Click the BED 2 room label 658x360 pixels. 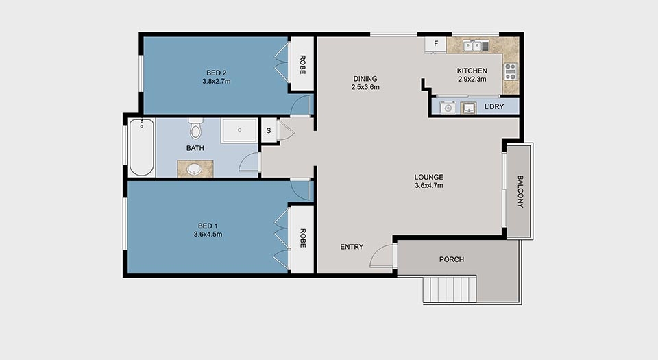pyautogui.click(x=216, y=73)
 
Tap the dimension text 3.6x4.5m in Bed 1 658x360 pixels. pyautogui.click(x=208, y=235)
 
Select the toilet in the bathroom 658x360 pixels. pyautogui.click(x=195, y=128)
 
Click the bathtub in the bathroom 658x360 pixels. pyautogui.click(x=141, y=147)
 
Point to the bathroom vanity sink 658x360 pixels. pyautogui.click(x=194, y=169)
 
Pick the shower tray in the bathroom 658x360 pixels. pyautogui.click(x=239, y=130)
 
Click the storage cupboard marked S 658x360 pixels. pyautogui.click(x=269, y=130)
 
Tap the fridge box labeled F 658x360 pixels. pyautogui.click(x=436, y=44)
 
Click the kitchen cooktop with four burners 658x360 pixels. pyautogui.click(x=510, y=72)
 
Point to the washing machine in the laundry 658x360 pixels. pyautogui.click(x=448, y=108)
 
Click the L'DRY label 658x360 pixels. pyautogui.click(x=494, y=106)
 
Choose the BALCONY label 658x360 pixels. pyautogui.click(x=520, y=192)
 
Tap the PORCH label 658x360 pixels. pyautogui.click(x=452, y=259)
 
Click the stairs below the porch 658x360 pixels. pyautogui.click(x=450, y=289)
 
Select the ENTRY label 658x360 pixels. pyautogui.click(x=352, y=247)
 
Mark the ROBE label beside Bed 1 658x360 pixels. pyautogui.click(x=302, y=239)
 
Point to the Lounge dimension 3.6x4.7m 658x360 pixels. pyautogui.click(x=429, y=185)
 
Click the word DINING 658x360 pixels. pyautogui.click(x=365, y=78)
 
